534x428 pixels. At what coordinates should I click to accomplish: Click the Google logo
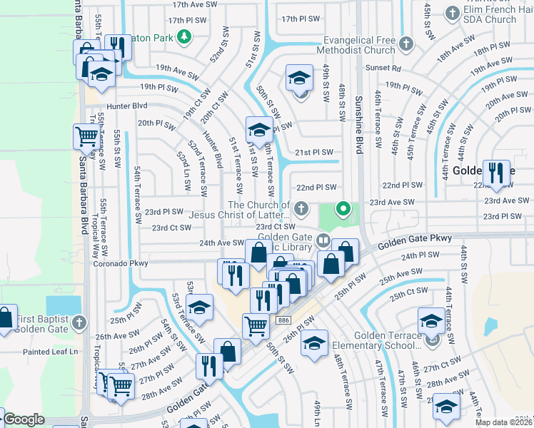tap(24, 419)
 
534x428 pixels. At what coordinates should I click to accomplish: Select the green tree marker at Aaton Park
tap(185, 36)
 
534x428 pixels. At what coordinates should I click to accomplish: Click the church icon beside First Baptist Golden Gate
tap(79, 322)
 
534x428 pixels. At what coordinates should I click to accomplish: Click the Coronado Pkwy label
tap(119, 263)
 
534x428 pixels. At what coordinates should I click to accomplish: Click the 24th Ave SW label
tap(221, 243)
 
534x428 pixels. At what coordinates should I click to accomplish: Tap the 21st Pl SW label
tap(315, 152)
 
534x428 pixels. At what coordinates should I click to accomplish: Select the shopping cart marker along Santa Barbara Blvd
tap(86, 136)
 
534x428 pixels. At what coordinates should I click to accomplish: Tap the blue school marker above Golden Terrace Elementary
tap(431, 320)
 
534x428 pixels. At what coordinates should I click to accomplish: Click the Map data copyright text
tap(503, 422)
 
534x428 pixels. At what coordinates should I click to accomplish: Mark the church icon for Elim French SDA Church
tap(452, 13)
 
